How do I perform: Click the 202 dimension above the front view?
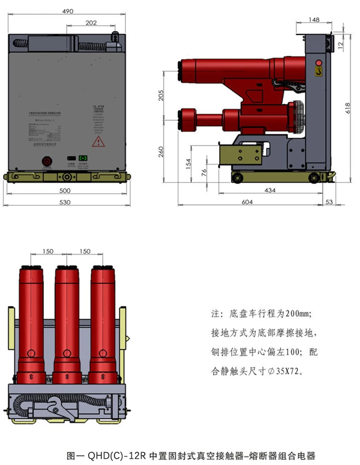coord(91,23)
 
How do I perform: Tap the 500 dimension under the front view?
coord(64,191)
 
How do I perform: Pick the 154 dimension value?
coord(189,164)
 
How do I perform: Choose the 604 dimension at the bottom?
coord(247,201)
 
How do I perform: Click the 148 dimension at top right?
coord(314,20)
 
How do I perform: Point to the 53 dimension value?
coord(329,201)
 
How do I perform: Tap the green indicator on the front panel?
coord(83,158)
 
